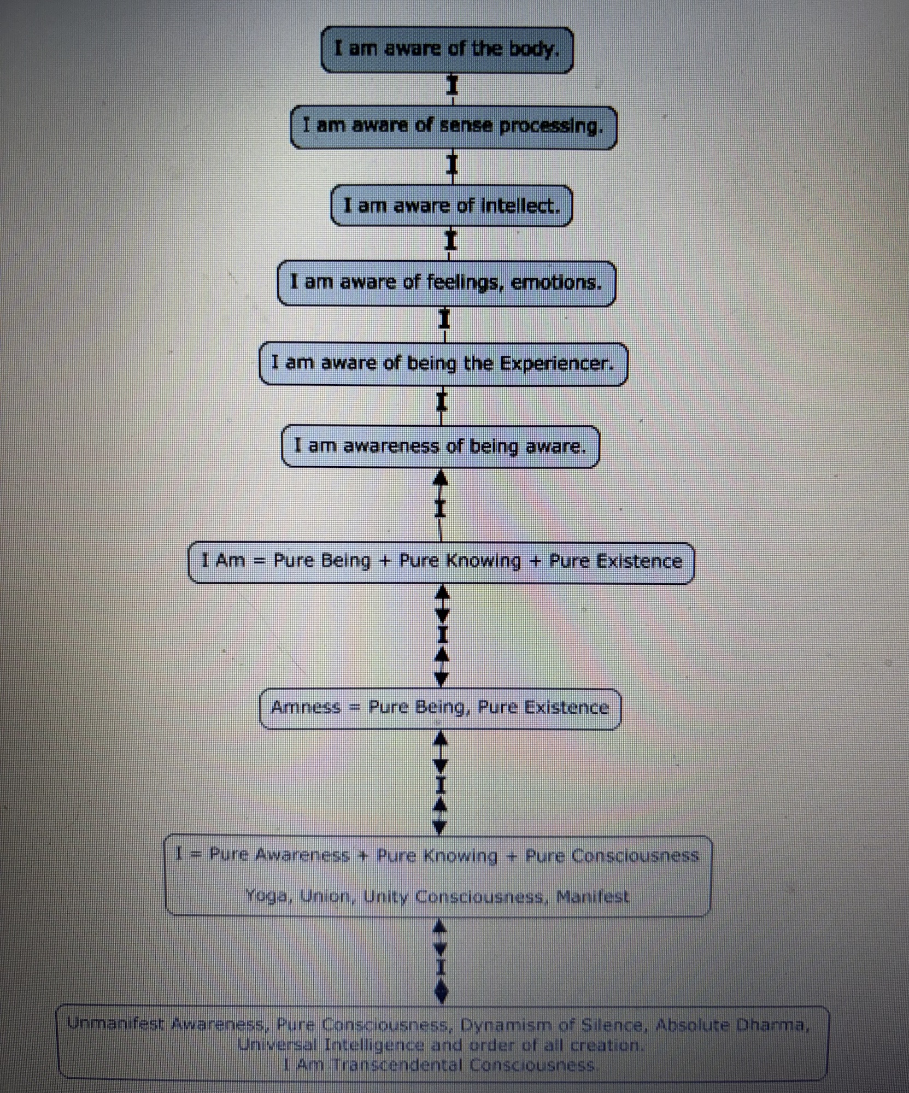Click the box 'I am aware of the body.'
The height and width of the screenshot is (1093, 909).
tap(447, 50)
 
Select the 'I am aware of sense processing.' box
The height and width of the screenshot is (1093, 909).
tap(453, 127)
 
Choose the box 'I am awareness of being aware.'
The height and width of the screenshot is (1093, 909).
tap(441, 446)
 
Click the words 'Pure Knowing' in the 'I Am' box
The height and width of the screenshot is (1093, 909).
tap(460, 561)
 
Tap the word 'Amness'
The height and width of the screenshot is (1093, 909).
tap(306, 707)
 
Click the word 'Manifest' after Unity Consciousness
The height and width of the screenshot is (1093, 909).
tap(593, 896)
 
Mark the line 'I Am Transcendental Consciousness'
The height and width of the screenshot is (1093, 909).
tap(438, 1065)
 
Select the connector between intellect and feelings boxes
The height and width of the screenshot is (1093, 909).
tap(450, 243)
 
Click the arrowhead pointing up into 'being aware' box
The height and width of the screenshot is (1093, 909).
tap(441, 477)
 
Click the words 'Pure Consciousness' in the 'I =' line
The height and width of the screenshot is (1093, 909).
tap(612, 855)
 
